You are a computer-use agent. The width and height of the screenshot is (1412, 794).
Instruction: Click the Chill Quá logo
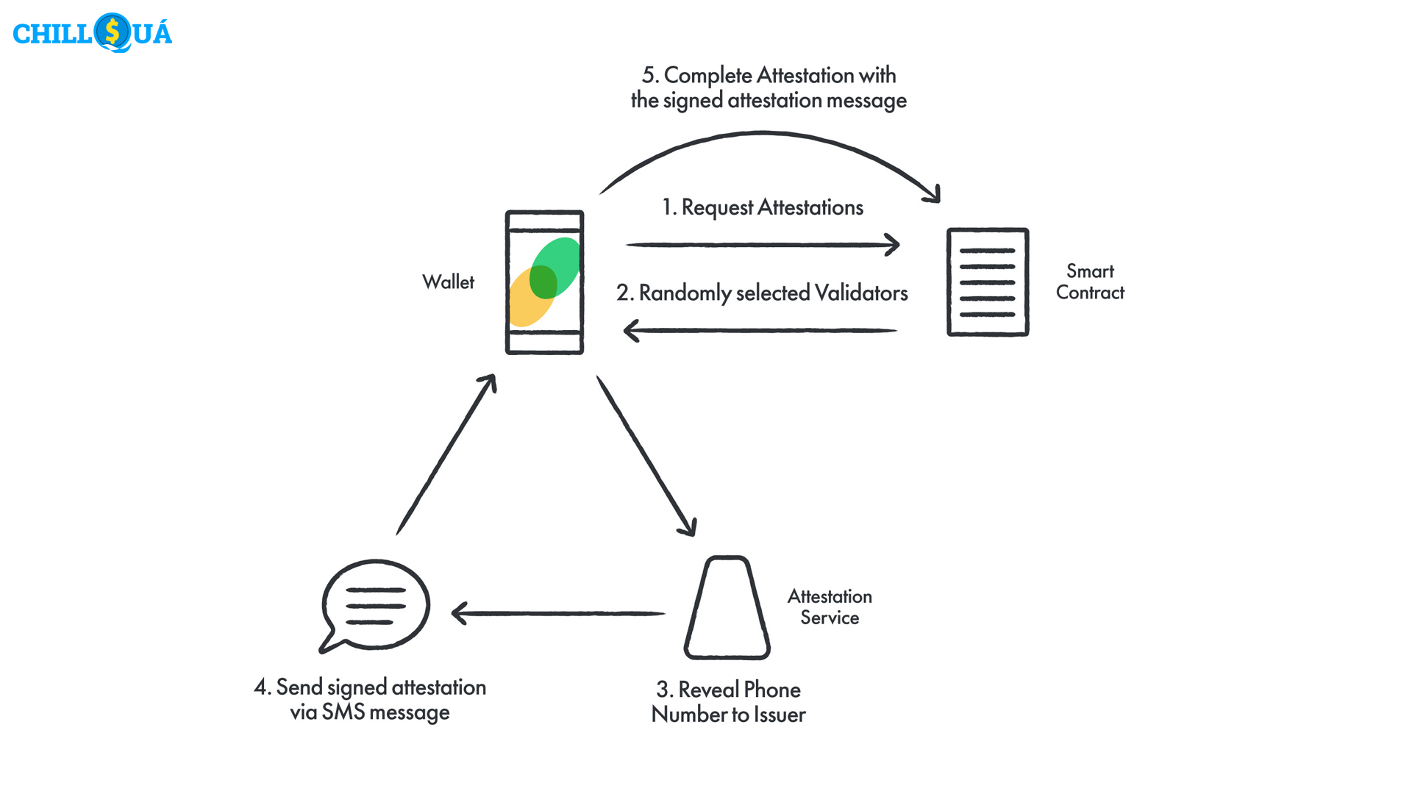tap(93, 33)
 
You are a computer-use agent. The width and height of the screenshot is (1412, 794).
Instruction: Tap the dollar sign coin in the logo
tap(113, 32)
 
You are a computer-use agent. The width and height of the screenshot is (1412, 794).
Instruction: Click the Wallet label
tap(448, 282)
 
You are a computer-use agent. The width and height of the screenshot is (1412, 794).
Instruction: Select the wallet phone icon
tap(544, 282)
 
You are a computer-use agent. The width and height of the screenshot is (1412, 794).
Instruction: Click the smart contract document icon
tap(987, 282)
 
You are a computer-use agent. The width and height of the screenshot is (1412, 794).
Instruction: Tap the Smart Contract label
tap(1090, 282)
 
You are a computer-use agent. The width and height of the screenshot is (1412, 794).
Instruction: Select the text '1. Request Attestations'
tap(763, 207)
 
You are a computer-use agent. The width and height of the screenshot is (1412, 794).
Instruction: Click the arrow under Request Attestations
tap(763, 245)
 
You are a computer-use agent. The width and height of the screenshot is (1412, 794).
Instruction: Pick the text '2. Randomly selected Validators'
tap(762, 293)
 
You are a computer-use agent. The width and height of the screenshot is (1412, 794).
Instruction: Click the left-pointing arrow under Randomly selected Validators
tap(760, 331)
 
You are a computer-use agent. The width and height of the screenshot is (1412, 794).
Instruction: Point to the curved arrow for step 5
tap(765, 134)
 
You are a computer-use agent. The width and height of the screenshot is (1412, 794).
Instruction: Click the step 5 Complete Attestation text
tap(769, 87)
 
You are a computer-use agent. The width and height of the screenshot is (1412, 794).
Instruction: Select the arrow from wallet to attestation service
tap(646, 456)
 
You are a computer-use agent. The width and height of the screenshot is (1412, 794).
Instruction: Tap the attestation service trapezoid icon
tap(727, 608)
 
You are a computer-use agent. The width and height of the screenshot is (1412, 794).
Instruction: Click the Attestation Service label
tap(830, 607)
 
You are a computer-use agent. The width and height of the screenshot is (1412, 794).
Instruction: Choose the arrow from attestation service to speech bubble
tap(559, 613)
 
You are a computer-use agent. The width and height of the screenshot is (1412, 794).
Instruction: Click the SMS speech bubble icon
tap(375, 605)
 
